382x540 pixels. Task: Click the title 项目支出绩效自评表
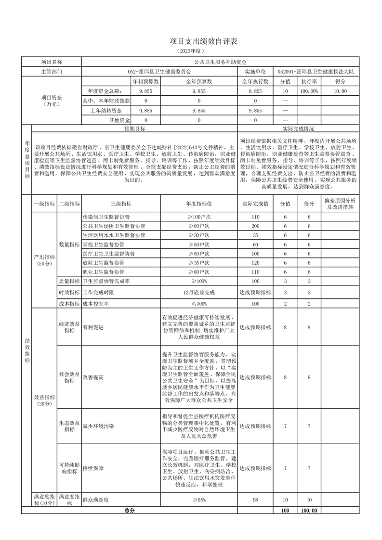191,42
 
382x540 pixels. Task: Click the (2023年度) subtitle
191,51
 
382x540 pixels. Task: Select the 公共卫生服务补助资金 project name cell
220,62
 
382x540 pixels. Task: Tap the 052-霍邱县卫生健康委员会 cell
159,72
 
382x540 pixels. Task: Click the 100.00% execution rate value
309,91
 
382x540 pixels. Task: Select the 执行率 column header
309,81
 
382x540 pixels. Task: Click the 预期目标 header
134,129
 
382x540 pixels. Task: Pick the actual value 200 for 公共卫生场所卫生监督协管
255,226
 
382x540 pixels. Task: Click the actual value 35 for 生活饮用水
255,235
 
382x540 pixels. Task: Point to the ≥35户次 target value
199,263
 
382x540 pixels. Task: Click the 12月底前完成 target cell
199,292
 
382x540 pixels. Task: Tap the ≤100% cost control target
199,304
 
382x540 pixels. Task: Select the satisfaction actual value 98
255,500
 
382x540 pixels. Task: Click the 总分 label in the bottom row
130,510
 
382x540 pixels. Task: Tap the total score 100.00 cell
309,510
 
